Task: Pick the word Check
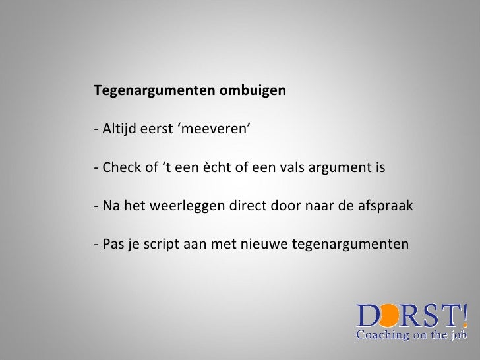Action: pyautogui.click(x=120, y=167)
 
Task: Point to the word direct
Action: pyautogui.click(x=243, y=206)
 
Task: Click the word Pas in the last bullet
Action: pyautogui.click(x=111, y=245)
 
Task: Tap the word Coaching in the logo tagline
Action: pyautogui.click(x=382, y=334)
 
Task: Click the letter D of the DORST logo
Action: pyautogui.click(x=368, y=315)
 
